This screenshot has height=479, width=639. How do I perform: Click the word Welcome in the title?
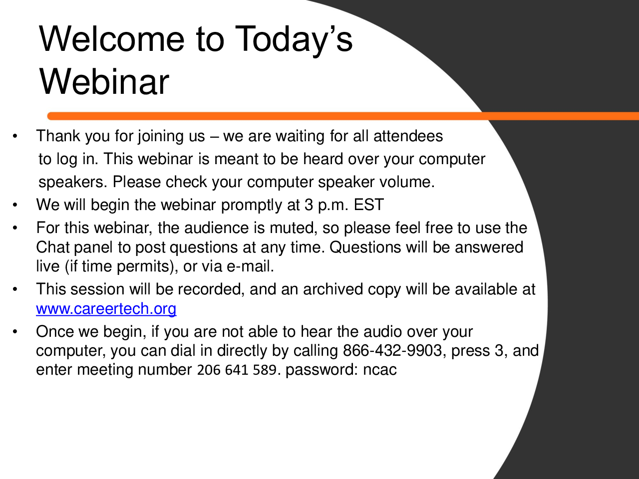[x=112, y=39]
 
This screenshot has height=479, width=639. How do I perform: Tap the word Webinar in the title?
[x=104, y=81]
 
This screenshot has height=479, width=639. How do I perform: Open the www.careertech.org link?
[x=106, y=308]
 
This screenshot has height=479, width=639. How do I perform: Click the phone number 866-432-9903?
[x=392, y=350]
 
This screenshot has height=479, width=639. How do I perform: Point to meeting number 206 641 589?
[x=237, y=370]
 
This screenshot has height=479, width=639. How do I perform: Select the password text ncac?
[x=379, y=370]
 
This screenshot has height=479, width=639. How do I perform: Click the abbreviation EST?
[x=369, y=205]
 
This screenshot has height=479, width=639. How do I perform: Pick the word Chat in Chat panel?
[x=52, y=247]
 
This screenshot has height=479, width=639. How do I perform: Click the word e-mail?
[x=250, y=266]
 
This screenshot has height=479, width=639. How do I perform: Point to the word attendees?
[x=408, y=136]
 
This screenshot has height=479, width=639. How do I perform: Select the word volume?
[x=407, y=182]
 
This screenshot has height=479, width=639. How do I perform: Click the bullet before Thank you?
[x=15, y=136]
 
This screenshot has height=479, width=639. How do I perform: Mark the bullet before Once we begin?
[x=15, y=332]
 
